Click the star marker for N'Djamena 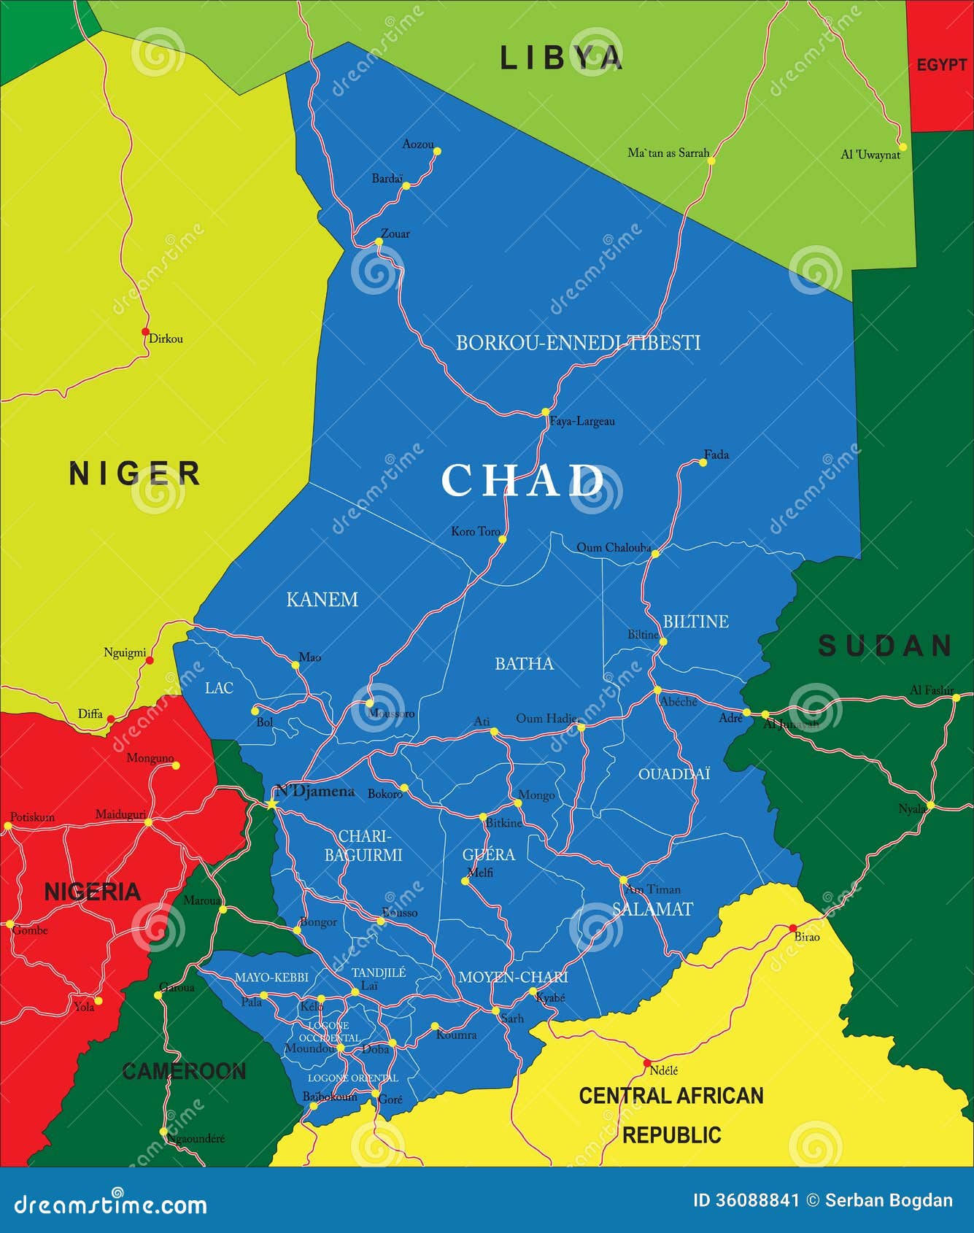(272, 804)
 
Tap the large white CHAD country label (522, 480)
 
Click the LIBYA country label (561, 58)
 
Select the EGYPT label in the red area (941, 65)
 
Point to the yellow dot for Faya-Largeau (545, 412)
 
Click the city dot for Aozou (438, 152)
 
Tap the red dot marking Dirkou (145, 331)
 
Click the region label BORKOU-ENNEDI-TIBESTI (578, 343)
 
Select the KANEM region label (322, 600)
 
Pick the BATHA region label (524, 664)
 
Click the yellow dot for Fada (703, 463)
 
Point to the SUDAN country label (885, 646)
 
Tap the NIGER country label (135, 474)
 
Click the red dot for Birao (793, 928)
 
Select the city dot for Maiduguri (148, 822)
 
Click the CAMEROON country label (184, 1071)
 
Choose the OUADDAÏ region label (673, 774)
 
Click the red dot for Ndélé (647, 1063)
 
